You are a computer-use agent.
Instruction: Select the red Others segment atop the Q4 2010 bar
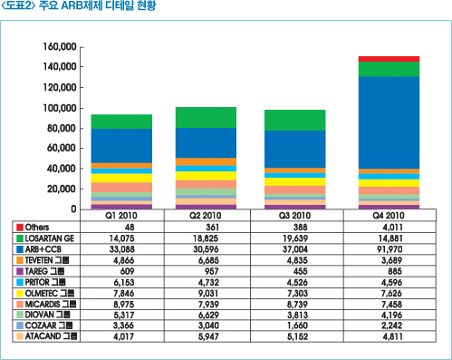click(389, 58)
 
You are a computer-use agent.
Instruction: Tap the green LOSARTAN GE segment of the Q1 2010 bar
click(122, 122)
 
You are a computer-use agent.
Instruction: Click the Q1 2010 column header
click(122, 216)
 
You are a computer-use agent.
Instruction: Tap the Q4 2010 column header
click(389, 216)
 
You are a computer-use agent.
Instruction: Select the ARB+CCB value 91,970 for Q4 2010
click(389, 248)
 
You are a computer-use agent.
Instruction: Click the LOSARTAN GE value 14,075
click(122, 238)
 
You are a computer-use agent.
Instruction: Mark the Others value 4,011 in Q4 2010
click(389, 227)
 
